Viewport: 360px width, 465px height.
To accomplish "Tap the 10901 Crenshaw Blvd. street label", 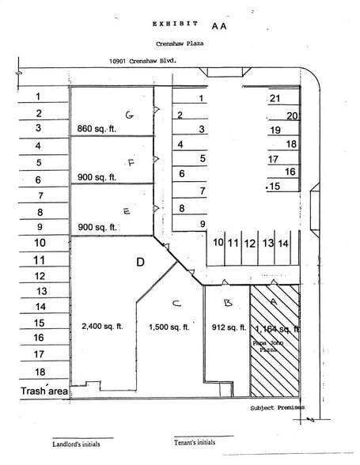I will pyautogui.click(x=142, y=60).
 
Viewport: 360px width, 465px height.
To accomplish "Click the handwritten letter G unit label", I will pyautogui.click(x=129, y=115).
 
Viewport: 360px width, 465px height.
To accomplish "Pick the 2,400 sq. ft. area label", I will pyautogui.click(x=102, y=326).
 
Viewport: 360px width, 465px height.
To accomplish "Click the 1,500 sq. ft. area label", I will pyautogui.click(x=169, y=327).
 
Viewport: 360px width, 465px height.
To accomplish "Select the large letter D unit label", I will pyautogui.click(x=140, y=262).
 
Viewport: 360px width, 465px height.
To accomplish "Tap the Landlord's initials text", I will pyautogui.click(x=78, y=444).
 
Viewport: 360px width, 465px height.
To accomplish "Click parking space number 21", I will pyautogui.click(x=275, y=99).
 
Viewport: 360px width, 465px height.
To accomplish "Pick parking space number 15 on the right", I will pyautogui.click(x=275, y=187).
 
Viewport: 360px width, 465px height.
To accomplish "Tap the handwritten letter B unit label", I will pyautogui.click(x=227, y=303).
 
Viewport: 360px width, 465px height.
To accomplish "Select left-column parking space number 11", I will pyautogui.click(x=39, y=259).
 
